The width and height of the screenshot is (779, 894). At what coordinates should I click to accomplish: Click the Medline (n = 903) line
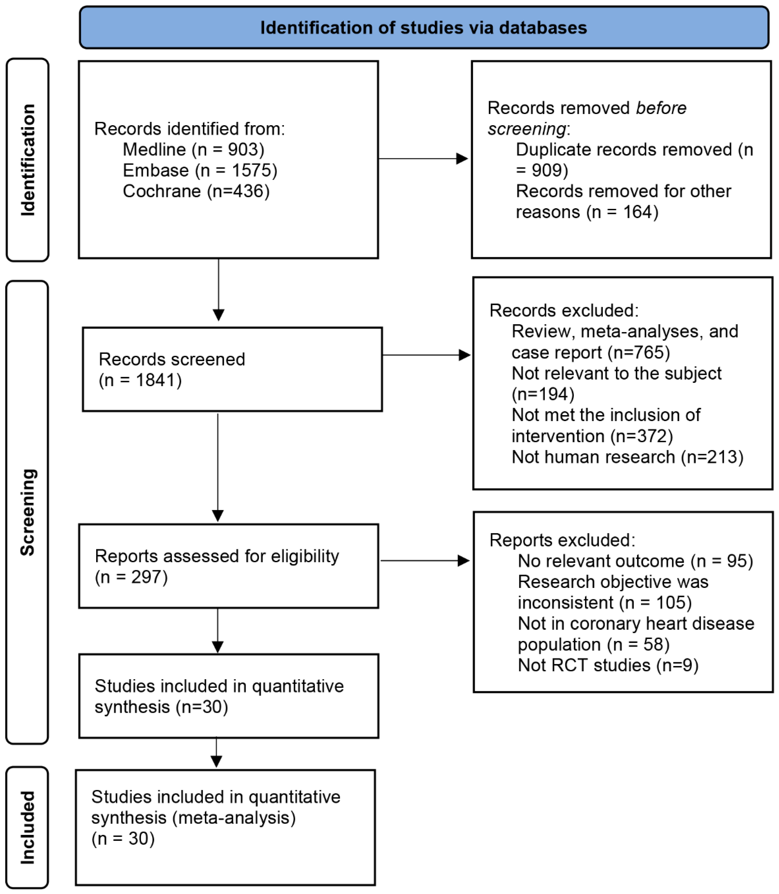(x=194, y=150)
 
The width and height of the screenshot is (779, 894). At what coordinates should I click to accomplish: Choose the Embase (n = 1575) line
(x=200, y=170)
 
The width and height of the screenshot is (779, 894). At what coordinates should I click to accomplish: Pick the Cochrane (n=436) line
(x=196, y=191)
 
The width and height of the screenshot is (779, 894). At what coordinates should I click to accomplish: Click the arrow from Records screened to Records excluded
(x=426, y=355)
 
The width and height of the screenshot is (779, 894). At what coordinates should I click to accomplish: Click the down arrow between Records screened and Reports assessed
(x=218, y=468)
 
